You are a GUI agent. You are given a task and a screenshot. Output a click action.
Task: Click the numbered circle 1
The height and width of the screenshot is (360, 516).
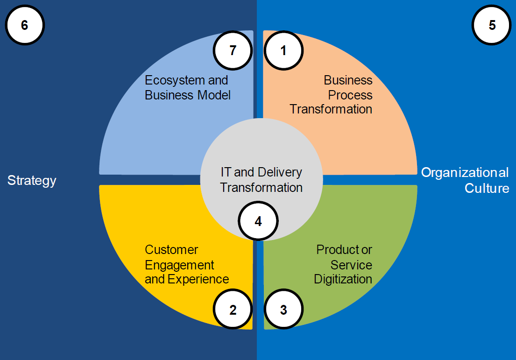coord(283,50)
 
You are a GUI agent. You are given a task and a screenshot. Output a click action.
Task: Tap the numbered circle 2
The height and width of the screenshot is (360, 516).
coord(233,310)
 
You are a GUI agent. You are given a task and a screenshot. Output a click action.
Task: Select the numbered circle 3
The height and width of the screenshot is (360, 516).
coord(283,310)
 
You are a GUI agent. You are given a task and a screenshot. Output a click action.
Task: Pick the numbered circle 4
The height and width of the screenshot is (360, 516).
coord(258,221)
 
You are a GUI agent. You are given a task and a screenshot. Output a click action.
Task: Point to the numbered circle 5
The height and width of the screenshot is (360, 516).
coord(492,25)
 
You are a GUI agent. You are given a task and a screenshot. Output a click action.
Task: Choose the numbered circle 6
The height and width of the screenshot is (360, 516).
coord(24,25)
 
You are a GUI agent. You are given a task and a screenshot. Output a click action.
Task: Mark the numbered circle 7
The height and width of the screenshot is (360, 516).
coord(233,50)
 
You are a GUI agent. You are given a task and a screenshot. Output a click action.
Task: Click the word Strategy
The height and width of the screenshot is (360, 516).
coord(32,181)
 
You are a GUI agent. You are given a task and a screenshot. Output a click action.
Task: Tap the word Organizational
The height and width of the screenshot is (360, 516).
coord(465,173)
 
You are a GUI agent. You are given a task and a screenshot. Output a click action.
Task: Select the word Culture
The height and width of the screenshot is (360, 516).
coord(487,188)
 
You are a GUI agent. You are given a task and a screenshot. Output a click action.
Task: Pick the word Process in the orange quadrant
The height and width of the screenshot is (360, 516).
coord(350,95)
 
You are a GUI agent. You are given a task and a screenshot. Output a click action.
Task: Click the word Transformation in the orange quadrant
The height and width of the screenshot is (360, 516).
coord(331,110)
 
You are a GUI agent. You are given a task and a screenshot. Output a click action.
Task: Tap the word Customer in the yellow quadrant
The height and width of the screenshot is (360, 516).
coord(171,250)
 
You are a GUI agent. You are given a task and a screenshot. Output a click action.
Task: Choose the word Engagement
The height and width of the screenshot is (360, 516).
coord(179,265)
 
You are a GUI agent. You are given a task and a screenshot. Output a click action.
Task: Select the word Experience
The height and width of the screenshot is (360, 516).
coord(198,280)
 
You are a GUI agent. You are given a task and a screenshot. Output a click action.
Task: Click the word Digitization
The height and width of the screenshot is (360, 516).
coord(343,280)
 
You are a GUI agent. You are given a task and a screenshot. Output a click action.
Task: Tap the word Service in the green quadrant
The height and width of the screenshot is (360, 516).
coord(351,265)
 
